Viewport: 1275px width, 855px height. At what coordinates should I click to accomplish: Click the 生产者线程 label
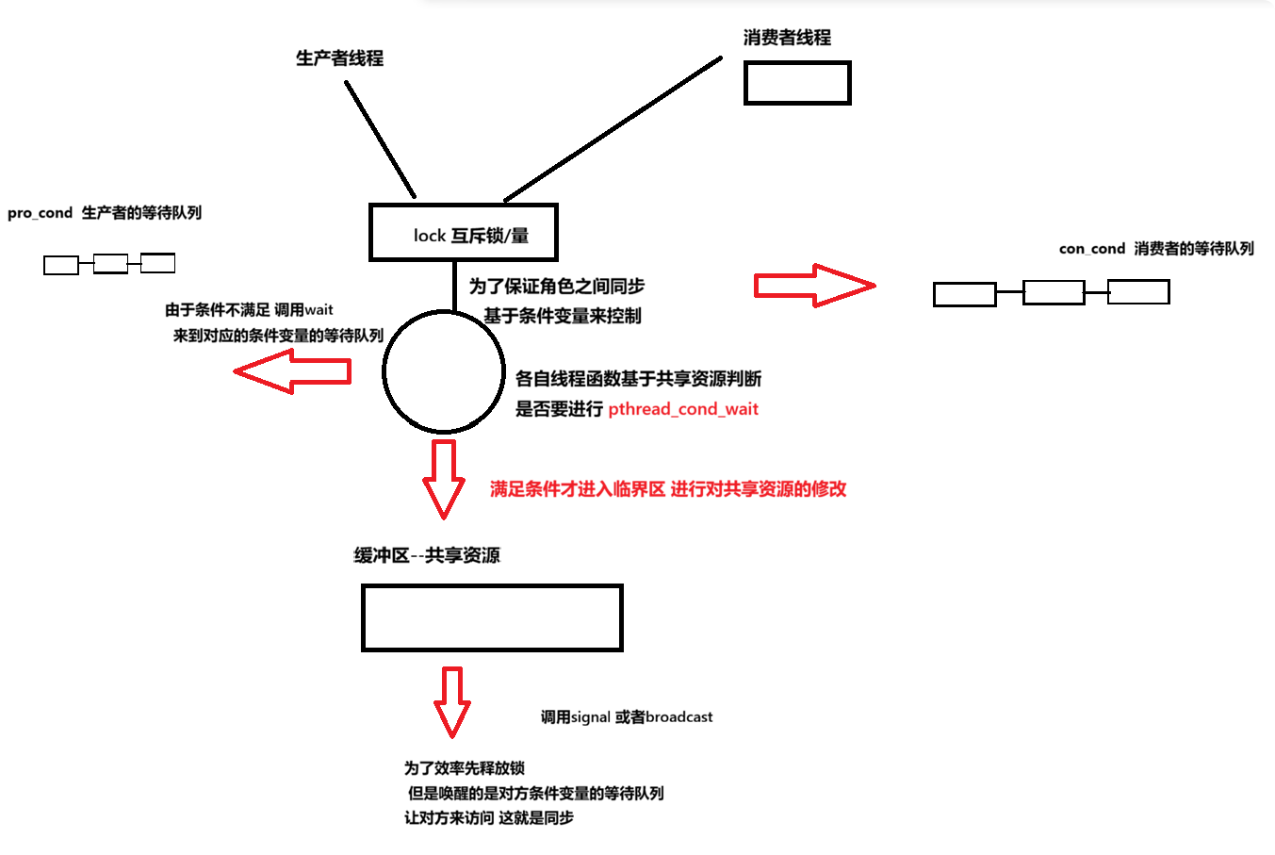pos(339,58)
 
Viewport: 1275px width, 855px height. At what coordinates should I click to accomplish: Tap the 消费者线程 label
pos(787,38)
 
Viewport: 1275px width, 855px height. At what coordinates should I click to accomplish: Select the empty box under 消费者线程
pos(797,83)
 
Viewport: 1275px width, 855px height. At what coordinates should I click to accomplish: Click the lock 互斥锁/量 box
pos(463,233)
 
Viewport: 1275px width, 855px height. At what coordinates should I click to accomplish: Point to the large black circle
pos(444,372)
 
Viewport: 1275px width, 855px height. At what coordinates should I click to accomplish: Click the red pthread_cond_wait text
pos(683,409)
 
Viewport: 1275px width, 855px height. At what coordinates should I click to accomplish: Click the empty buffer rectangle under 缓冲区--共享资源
pos(492,618)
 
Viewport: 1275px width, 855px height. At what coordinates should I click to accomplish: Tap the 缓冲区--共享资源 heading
pos(427,555)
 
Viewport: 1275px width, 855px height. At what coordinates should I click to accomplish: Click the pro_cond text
pos(40,213)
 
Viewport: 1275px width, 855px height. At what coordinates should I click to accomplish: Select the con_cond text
pos(1092,249)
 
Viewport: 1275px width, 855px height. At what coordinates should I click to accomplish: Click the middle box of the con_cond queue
pos(1054,292)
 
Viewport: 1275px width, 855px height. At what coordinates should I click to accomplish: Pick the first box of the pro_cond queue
pos(61,266)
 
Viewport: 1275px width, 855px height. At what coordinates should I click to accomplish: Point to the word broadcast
pos(679,717)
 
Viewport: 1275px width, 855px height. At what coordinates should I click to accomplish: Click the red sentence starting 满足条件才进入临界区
pos(668,489)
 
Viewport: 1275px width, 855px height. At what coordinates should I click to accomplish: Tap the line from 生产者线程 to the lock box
pos(380,139)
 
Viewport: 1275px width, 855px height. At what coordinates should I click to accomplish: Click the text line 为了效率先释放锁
pos(465,768)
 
